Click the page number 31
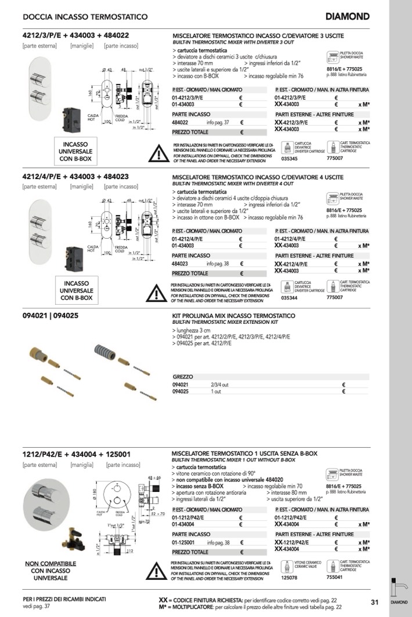coord(375,602)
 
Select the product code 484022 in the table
coord(180,122)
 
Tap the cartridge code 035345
coord(289,158)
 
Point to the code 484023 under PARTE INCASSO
coord(180,264)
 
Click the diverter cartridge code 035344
coord(289,298)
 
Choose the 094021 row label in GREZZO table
coord(180,384)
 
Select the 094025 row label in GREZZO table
coord(180,391)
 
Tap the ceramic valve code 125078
coord(289,577)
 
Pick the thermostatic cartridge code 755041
coord(335,577)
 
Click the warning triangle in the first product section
coord(157,152)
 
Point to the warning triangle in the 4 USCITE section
coord(156,293)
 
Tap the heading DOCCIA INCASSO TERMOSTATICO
coord(85,17)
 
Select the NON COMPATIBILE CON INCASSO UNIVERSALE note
coord(50,571)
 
